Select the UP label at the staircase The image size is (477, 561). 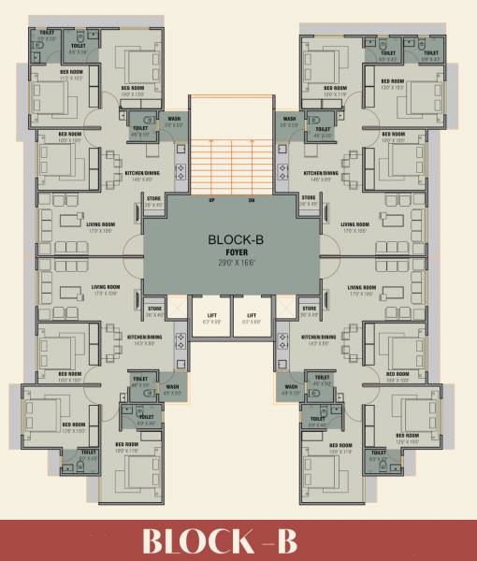[x=211, y=201]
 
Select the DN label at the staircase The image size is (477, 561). [x=252, y=201]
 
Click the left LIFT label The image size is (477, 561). [x=211, y=316]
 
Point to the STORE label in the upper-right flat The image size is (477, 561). [x=308, y=198]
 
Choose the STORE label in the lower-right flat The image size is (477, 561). [x=308, y=307]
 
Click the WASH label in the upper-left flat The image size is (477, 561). [x=173, y=119]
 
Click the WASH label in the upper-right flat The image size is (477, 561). [x=290, y=119]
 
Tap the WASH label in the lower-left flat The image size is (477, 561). [x=173, y=386]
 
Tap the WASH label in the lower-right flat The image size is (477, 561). [x=291, y=386]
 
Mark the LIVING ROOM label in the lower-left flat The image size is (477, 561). [x=106, y=287]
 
